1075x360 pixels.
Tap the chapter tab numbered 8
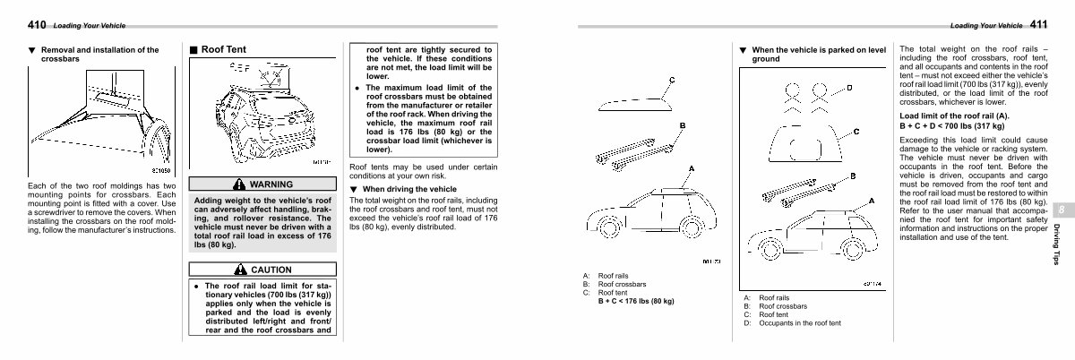pyautogui.click(x=1061, y=209)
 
